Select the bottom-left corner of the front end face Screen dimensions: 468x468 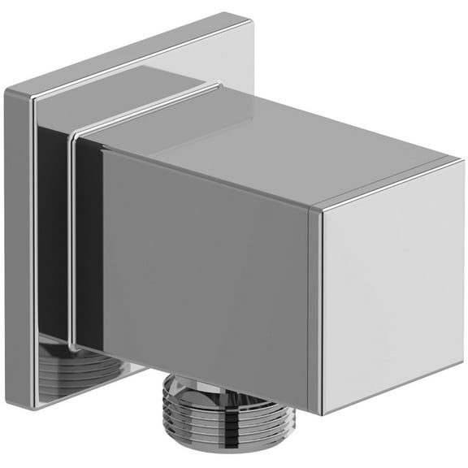coord(323,414)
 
